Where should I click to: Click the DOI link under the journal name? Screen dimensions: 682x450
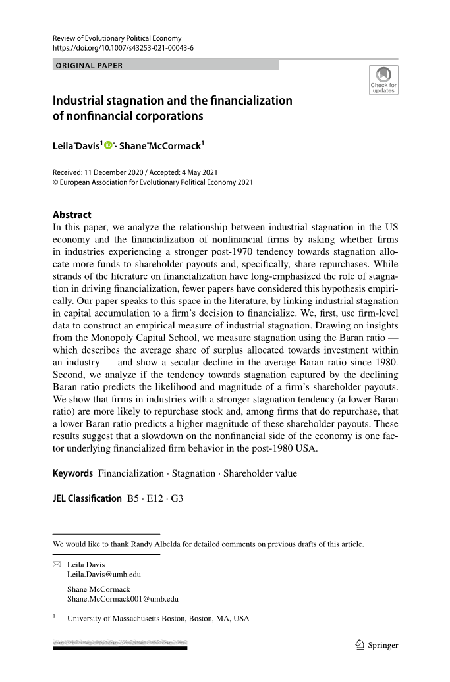[x=123, y=48]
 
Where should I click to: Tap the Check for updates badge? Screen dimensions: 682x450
[x=383, y=80]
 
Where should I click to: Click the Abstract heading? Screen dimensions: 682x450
[x=72, y=214]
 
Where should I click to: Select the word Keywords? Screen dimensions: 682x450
[x=73, y=473]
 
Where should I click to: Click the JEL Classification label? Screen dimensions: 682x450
[x=87, y=498]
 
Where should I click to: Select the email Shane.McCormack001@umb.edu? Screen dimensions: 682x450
[x=123, y=599]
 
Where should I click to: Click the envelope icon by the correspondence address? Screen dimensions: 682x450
[x=56, y=565]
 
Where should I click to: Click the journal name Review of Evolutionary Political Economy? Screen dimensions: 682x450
[x=117, y=38]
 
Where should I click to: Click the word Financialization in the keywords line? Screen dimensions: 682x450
[x=130, y=473]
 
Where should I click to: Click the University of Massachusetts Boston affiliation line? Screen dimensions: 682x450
[x=158, y=619]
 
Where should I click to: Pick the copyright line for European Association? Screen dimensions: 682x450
[x=152, y=182]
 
